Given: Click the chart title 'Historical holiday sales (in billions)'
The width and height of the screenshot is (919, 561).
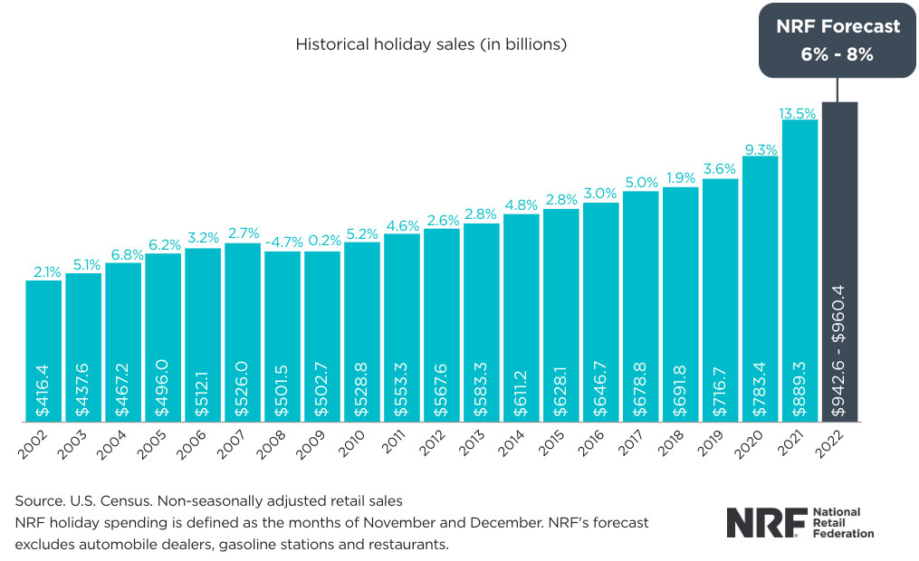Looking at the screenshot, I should tap(431, 43).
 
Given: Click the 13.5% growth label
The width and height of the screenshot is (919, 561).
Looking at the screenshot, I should tap(799, 113).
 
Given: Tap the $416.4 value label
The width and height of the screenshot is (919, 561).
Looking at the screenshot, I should tap(43, 385).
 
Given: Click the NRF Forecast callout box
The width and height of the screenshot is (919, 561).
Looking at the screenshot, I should tap(837, 40).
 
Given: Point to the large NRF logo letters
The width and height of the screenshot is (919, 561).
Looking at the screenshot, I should tap(759, 522).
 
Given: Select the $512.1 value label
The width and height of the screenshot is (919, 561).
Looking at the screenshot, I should tap(203, 384).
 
